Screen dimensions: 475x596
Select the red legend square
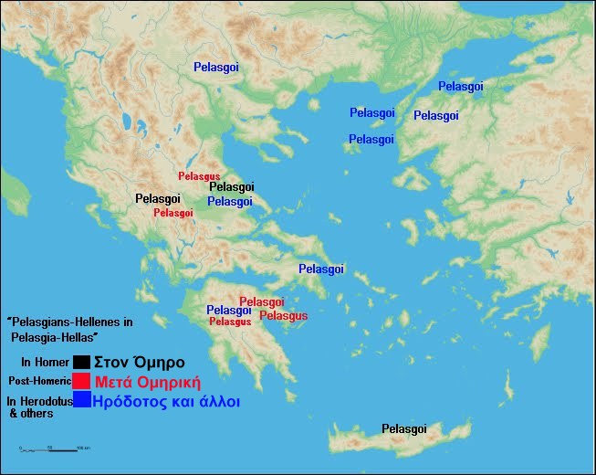coord(82,381)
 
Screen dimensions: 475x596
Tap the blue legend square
coord(82,400)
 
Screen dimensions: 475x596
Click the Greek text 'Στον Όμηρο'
coord(139,362)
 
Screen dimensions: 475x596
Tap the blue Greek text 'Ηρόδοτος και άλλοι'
coord(167,400)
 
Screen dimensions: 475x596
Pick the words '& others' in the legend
coord(31,414)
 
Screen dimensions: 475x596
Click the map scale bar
coord(55,449)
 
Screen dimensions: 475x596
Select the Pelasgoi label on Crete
coord(404,429)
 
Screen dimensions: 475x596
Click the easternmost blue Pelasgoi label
coord(461,86)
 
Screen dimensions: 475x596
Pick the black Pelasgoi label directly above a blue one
coord(231,186)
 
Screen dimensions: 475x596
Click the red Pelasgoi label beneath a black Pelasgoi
coord(173,213)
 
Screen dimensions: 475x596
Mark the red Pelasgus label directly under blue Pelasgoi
coord(230,322)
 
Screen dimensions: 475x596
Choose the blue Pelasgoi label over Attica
coord(321,269)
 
